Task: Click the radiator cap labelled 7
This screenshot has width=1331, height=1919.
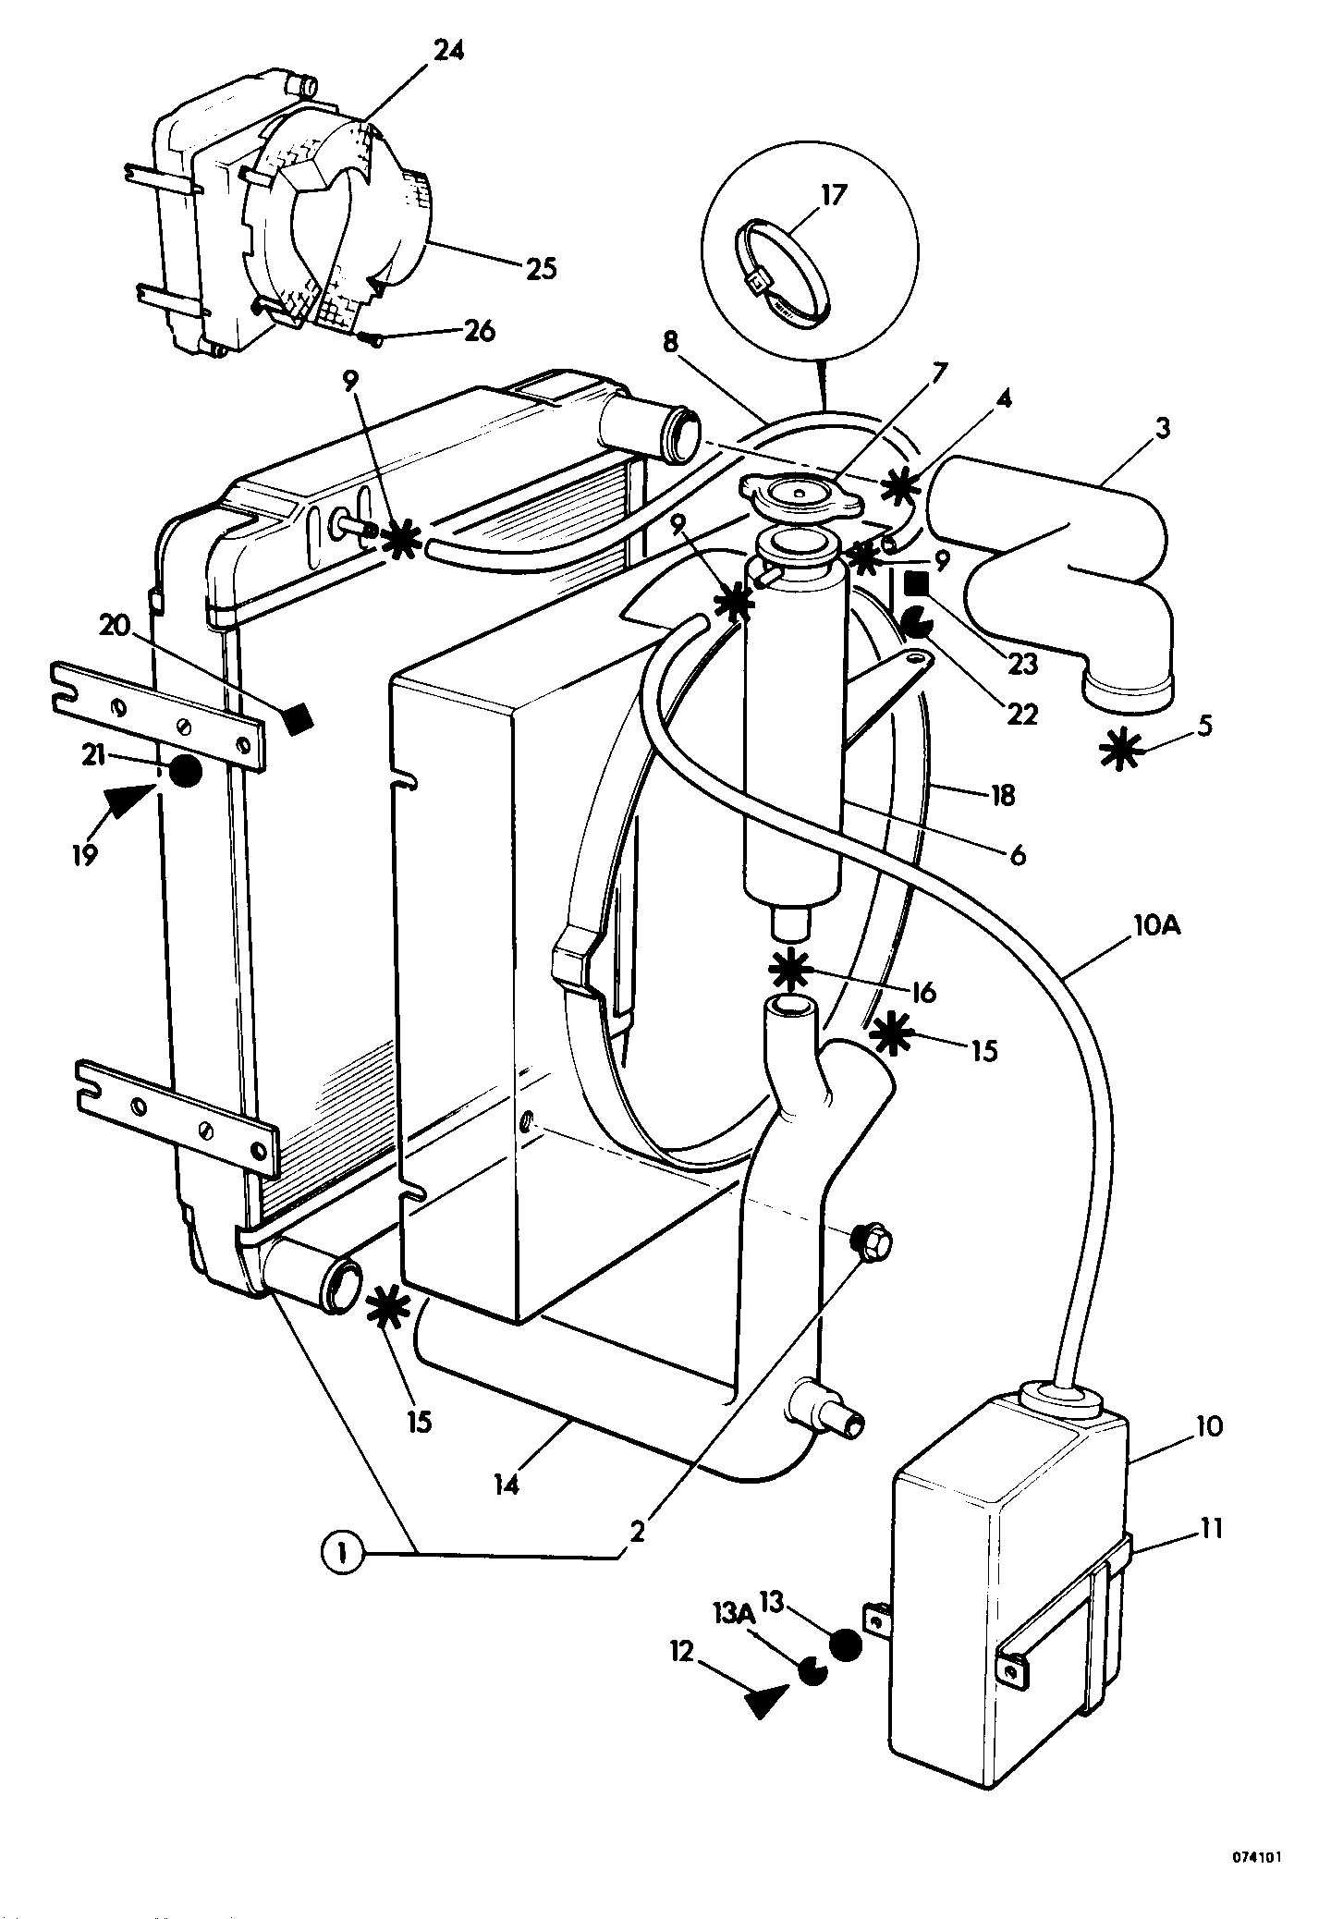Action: click(801, 501)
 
